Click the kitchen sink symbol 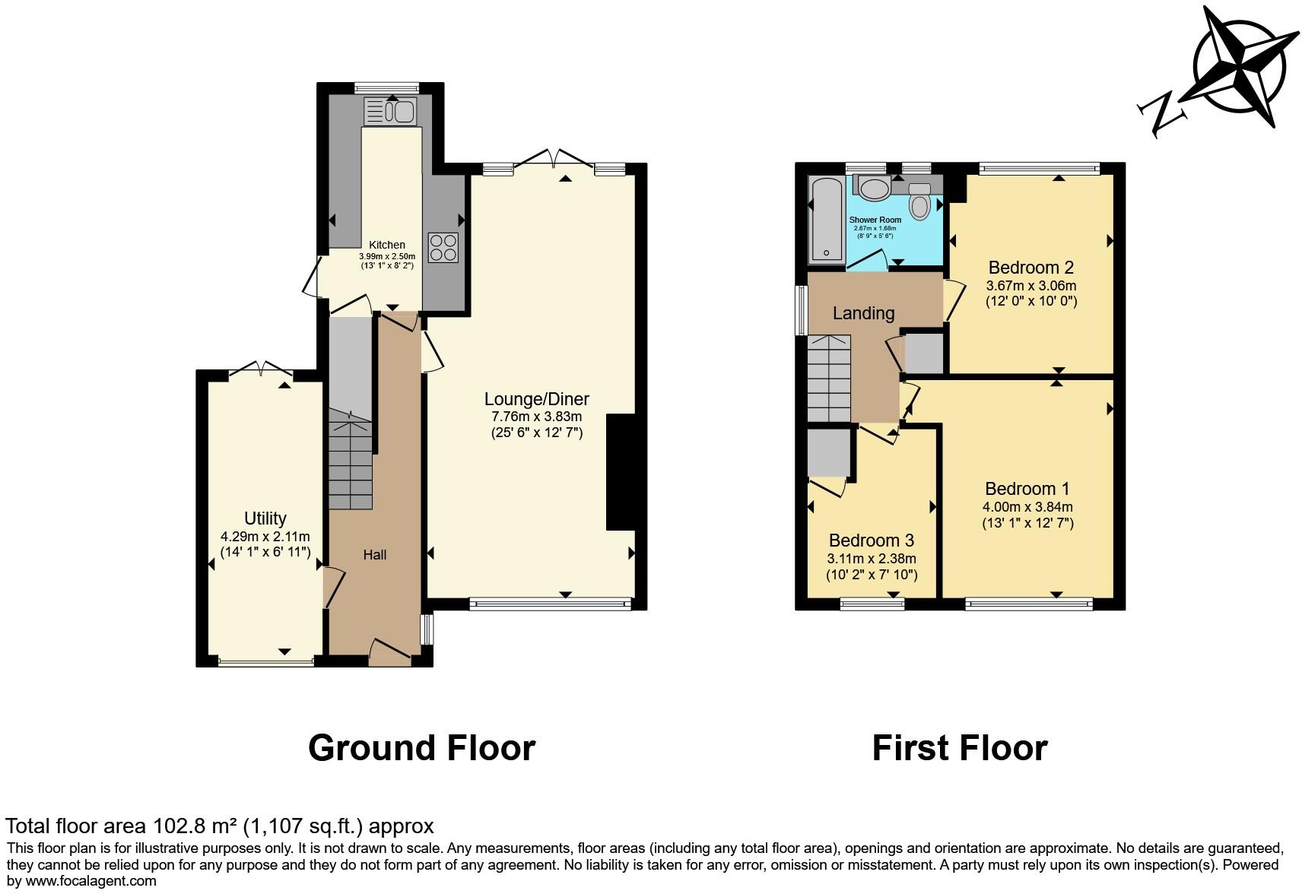(x=390, y=113)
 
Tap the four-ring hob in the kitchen (x=444, y=246)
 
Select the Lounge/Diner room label (x=537, y=399)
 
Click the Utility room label (x=265, y=518)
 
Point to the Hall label (x=374, y=555)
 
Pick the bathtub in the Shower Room (x=827, y=220)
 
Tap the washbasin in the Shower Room (x=875, y=189)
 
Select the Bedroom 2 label (x=1030, y=268)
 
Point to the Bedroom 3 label (x=871, y=541)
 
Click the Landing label (x=863, y=313)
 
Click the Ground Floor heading (x=421, y=748)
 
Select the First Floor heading (x=959, y=748)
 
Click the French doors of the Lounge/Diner (x=554, y=157)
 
